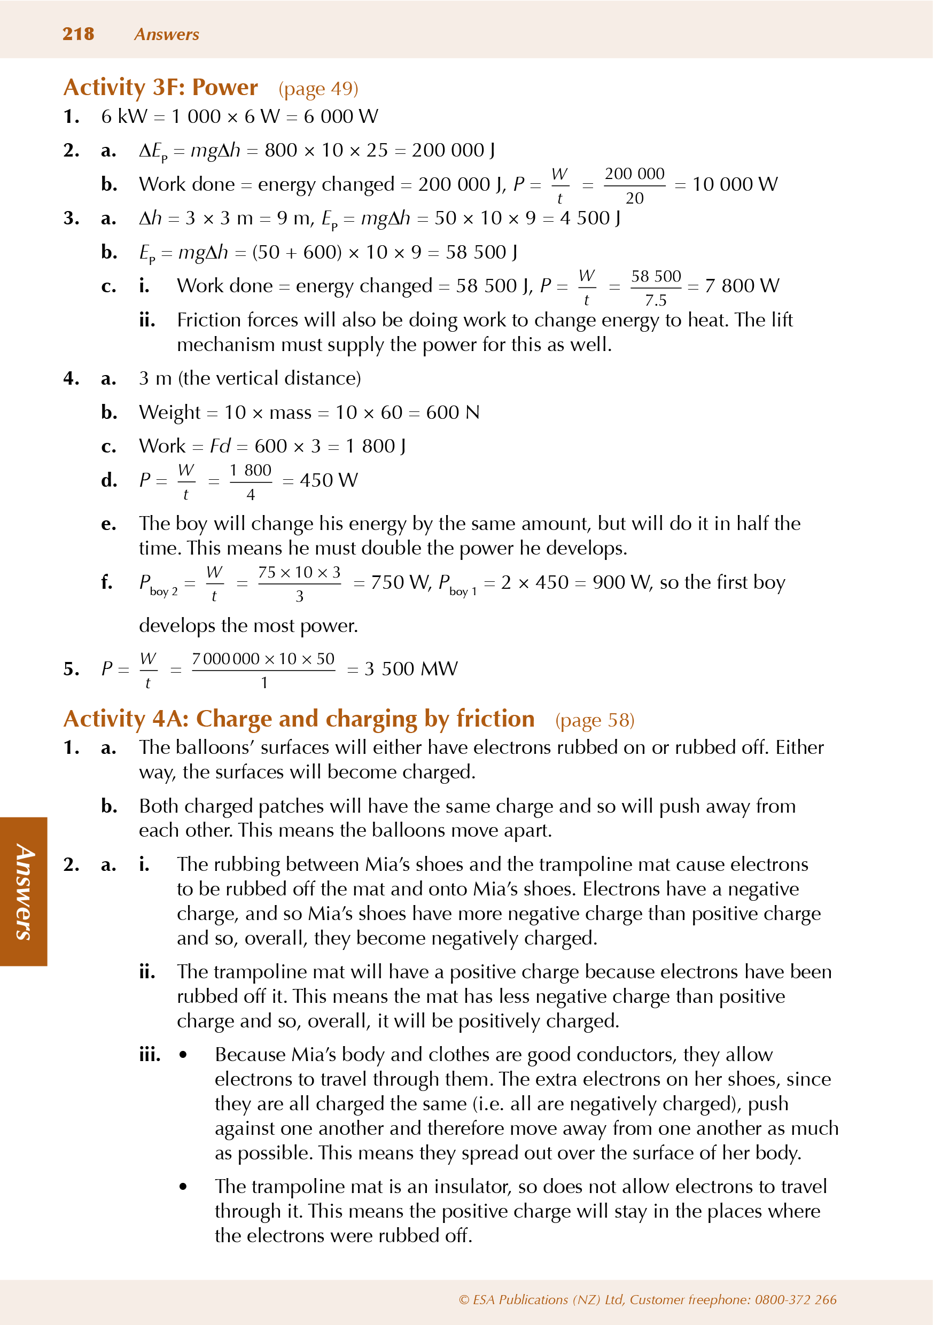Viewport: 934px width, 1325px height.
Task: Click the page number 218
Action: tap(78, 34)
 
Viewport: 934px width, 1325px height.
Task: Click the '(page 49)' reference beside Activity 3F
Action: tap(318, 89)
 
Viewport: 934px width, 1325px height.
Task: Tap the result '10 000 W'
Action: tap(734, 185)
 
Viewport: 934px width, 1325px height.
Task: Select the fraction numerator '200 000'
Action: tap(634, 174)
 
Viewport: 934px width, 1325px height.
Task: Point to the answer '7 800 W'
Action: tap(742, 286)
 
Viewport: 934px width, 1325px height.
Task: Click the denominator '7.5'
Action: tap(656, 300)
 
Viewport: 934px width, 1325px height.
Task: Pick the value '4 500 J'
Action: tap(590, 218)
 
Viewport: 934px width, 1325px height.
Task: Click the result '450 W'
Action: tap(329, 480)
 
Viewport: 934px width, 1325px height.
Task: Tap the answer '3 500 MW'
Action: tap(411, 669)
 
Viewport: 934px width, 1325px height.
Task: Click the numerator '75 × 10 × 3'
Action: tap(299, 572)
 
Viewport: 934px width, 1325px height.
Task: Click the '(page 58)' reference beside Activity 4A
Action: tap(595, 720)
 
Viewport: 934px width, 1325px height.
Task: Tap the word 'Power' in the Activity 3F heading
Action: tap(224, 87)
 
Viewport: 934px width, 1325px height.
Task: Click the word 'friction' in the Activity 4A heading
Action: tap(495, 719)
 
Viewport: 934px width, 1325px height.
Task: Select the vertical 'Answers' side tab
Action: tap(24, 892)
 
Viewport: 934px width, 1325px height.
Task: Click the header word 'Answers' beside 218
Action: tap(166, 35)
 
